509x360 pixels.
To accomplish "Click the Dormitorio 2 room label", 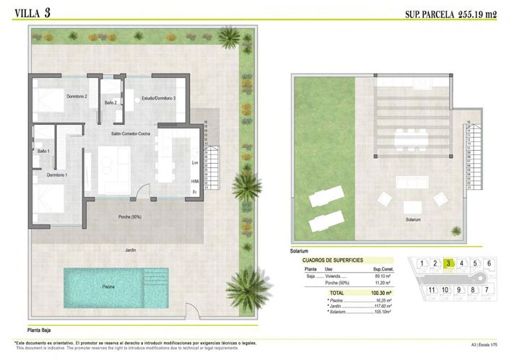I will [x=77, y=96].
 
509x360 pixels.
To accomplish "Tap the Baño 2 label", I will [x=110, y=103].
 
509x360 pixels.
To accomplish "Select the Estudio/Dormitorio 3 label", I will [x=158, y=97].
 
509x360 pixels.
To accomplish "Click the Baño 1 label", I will [x=43, y=151].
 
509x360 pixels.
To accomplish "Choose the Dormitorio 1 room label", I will [x=57, y=175].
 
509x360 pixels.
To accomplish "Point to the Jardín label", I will [x=131, y=250].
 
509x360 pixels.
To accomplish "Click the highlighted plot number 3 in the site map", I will [x=448, y=263].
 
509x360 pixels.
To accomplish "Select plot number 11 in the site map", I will [x=432, y=290].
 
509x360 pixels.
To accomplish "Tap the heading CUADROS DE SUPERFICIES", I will [x=332, y=259].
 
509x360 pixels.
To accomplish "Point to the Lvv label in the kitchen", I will [x=195, y=163].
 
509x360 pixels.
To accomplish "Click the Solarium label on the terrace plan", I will [x=413, y=219].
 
